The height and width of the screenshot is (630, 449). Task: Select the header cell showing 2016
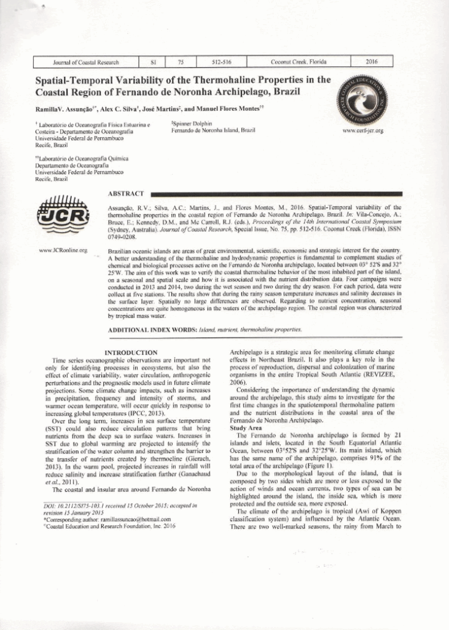point(370,62)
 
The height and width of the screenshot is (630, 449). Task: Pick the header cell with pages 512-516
point(221,62)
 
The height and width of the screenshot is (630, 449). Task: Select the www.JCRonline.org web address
point(63,250)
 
